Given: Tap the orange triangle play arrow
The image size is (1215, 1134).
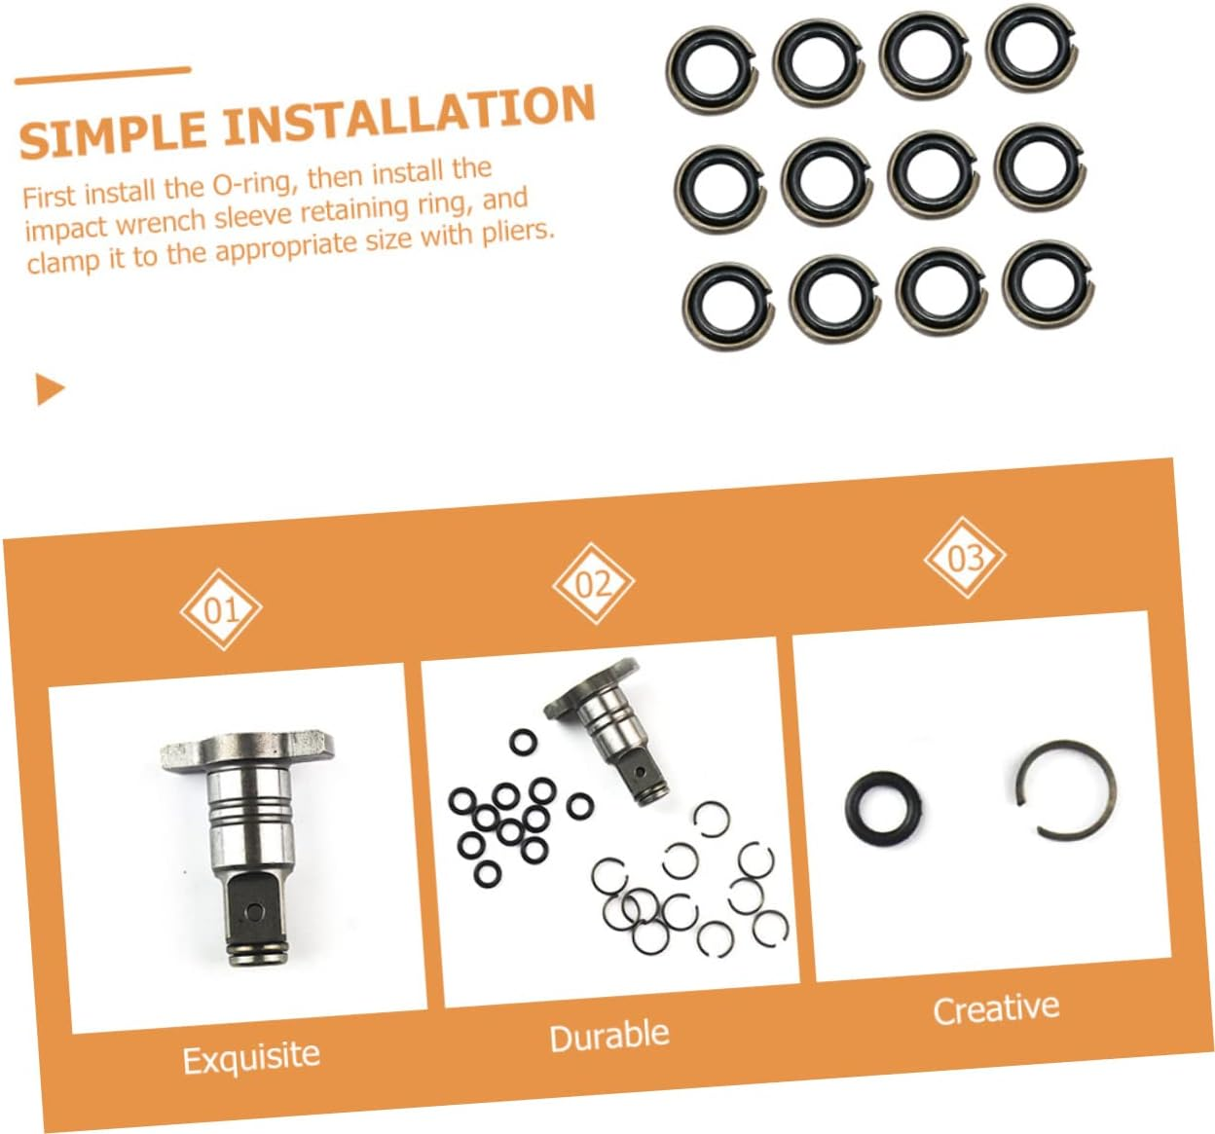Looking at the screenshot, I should [49, 388].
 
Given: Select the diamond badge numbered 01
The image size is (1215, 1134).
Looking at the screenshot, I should [221, 610].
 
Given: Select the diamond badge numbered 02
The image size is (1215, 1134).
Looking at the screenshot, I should [593, 584].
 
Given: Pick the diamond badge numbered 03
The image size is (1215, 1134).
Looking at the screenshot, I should [964, 558].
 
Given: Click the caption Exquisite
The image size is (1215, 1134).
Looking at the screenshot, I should [251, 1057].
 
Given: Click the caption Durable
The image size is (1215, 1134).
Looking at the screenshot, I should [609, 1036].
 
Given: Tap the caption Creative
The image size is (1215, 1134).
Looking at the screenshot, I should [995, 1008].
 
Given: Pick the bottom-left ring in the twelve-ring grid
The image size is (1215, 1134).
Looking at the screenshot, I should [728, 305].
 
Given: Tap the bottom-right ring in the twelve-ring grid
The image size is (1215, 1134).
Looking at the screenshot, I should [1048, 284].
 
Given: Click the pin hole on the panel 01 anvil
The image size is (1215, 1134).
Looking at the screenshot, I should [254, 910].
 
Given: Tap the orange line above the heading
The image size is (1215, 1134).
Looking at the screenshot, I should [102, 75].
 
